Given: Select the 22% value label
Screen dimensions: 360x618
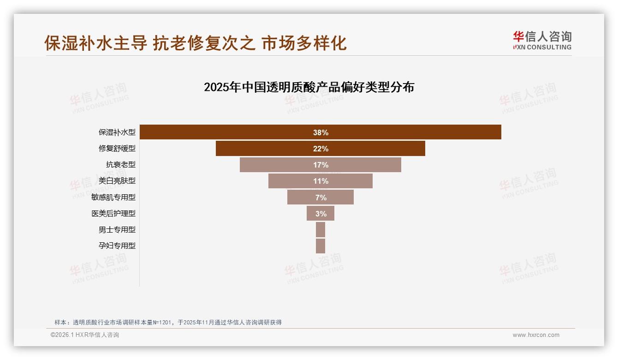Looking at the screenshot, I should pyautogui.click(x=321, y=149).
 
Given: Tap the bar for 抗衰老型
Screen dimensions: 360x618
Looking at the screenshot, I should pyautogui.click(x=277, y=165).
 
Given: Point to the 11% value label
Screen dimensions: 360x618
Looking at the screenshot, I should pyautogui.click(x=321, y=181).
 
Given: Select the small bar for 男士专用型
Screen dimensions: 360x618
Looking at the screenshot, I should pyautogui.click(x=321, y=229).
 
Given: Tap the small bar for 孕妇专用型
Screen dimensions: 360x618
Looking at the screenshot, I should pyautogui.click(x=321, y=246).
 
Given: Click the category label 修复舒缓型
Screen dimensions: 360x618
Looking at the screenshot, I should pyautogui.click(x=117, y=149).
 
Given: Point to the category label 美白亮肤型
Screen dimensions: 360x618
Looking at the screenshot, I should pyautogui.click(x=117, y=181).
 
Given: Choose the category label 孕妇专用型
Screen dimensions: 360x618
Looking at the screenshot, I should pyautogui.click(x=117, y=246).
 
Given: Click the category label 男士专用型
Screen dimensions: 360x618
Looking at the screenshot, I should pyautogui.click(x=117, y=229).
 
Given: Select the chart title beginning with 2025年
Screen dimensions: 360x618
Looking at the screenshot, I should pyautogui.click(x=309, y=87).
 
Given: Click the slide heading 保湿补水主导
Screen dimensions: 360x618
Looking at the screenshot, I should pyautogui.click(x=96, y=43).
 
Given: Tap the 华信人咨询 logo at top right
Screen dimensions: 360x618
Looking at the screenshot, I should pyautogui.click(x=542, y=40).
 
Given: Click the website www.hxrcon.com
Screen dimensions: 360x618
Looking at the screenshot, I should pyautogui.click(x=536, y=335).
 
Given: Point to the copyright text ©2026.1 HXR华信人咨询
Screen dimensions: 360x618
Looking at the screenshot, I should pyautogui.click(x=85, y=335).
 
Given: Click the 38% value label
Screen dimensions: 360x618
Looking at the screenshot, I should pyautogui.click(x=321, y=132).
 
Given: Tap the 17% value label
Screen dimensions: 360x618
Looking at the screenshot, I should pyautogui.click(x=321, y=165).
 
